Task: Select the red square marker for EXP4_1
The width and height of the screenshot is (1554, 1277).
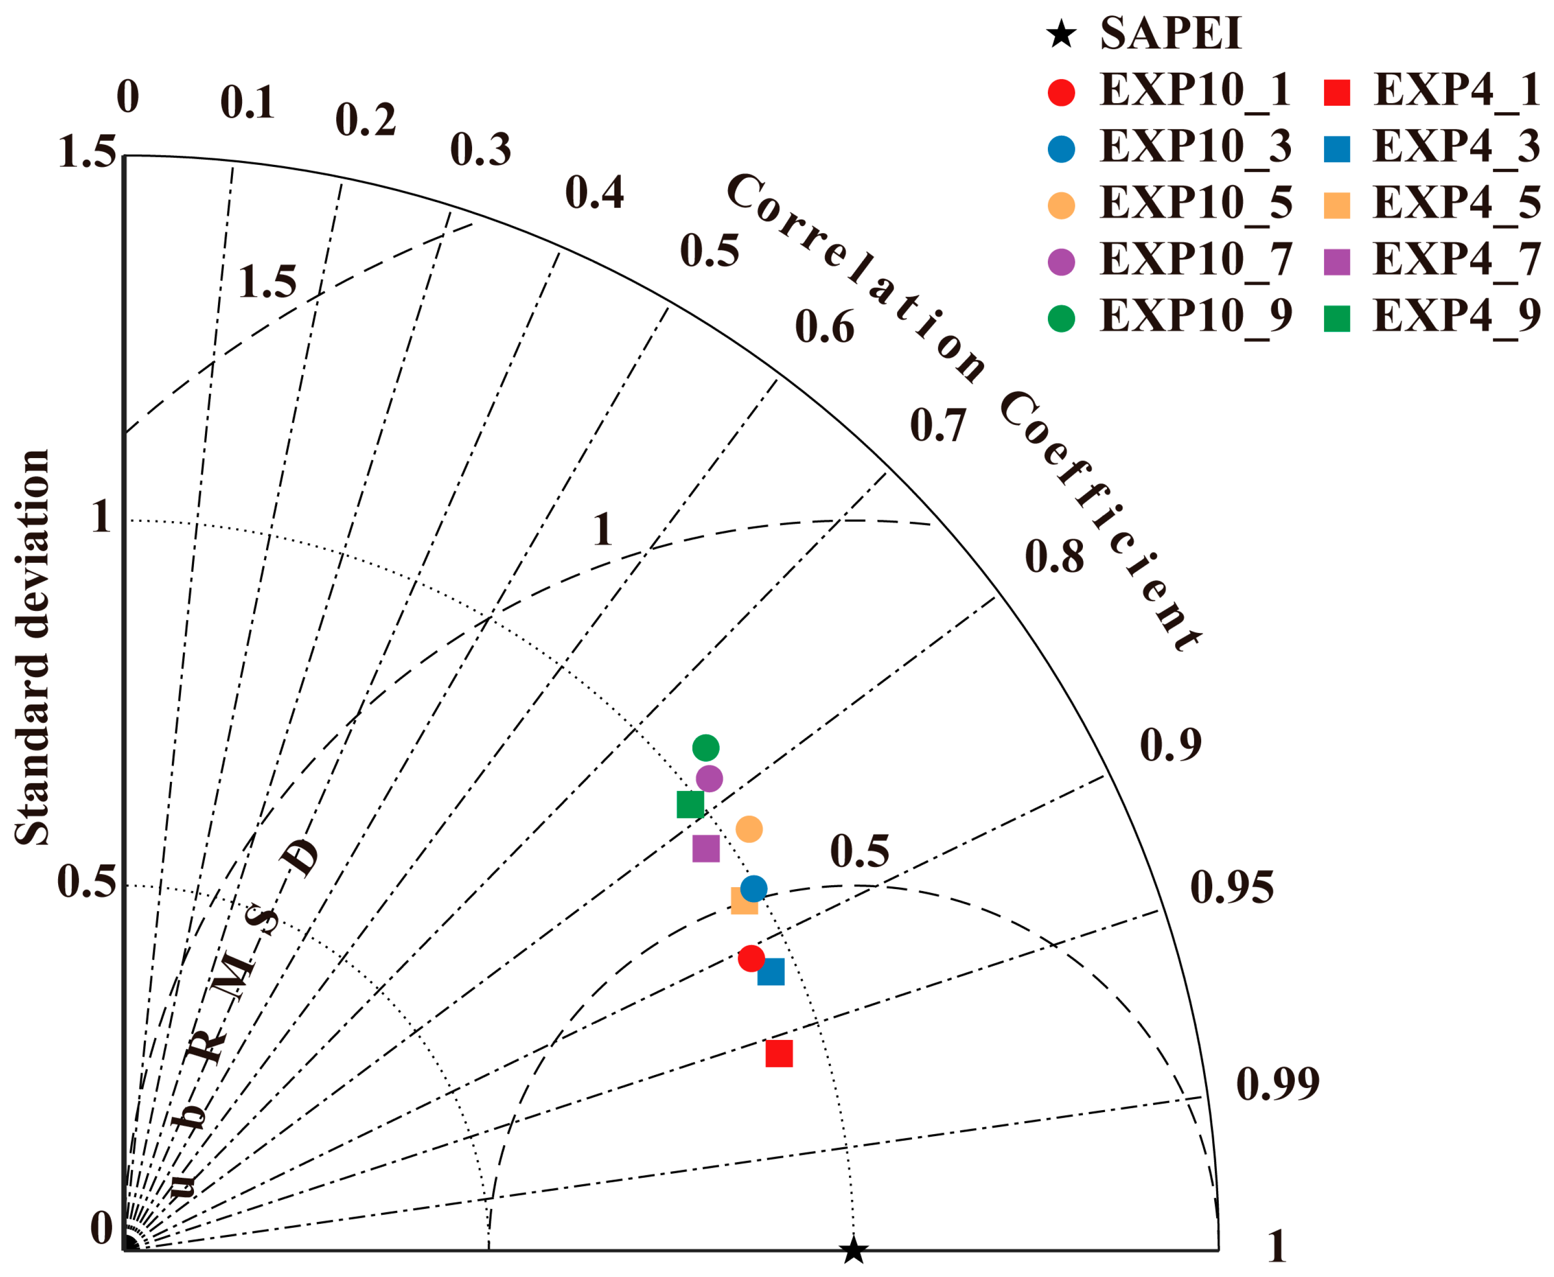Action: pos(779,1053)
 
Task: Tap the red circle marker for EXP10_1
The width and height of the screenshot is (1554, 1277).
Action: pos(751,958)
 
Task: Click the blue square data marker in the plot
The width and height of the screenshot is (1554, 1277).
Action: pos(771,972)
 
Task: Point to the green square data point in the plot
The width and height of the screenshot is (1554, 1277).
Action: pos(690,804)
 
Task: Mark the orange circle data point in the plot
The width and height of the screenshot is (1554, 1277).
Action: pos(749,829)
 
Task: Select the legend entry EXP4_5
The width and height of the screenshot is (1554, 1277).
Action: pos(1456,203)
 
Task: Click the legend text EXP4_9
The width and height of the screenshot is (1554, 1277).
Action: pos(1456,316)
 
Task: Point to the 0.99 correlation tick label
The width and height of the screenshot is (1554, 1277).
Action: pos(1277,1083)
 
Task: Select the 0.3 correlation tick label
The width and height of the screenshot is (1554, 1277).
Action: pos(480,150)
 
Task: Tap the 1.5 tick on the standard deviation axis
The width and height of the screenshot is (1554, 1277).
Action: pos(87,153)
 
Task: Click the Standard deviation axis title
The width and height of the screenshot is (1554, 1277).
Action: pos(33,648)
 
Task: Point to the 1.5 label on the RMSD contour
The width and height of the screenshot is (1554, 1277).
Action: pos(267,282)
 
